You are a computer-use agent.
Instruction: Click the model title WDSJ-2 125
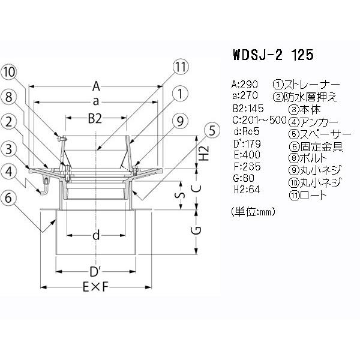pos(273,55)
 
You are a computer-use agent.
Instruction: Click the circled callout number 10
pos(10,73)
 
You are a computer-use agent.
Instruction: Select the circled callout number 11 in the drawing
pos(181,67)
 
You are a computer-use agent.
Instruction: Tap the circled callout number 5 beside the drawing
pos(212,130)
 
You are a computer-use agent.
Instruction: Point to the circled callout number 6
pos(8,197)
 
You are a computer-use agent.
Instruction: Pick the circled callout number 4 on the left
pos(9,172)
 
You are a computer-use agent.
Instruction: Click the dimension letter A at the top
pos(96,86)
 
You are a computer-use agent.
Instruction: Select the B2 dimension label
pos(95,119)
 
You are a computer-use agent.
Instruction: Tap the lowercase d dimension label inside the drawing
pos(96,235)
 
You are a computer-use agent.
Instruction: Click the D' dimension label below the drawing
pos(95,272)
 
